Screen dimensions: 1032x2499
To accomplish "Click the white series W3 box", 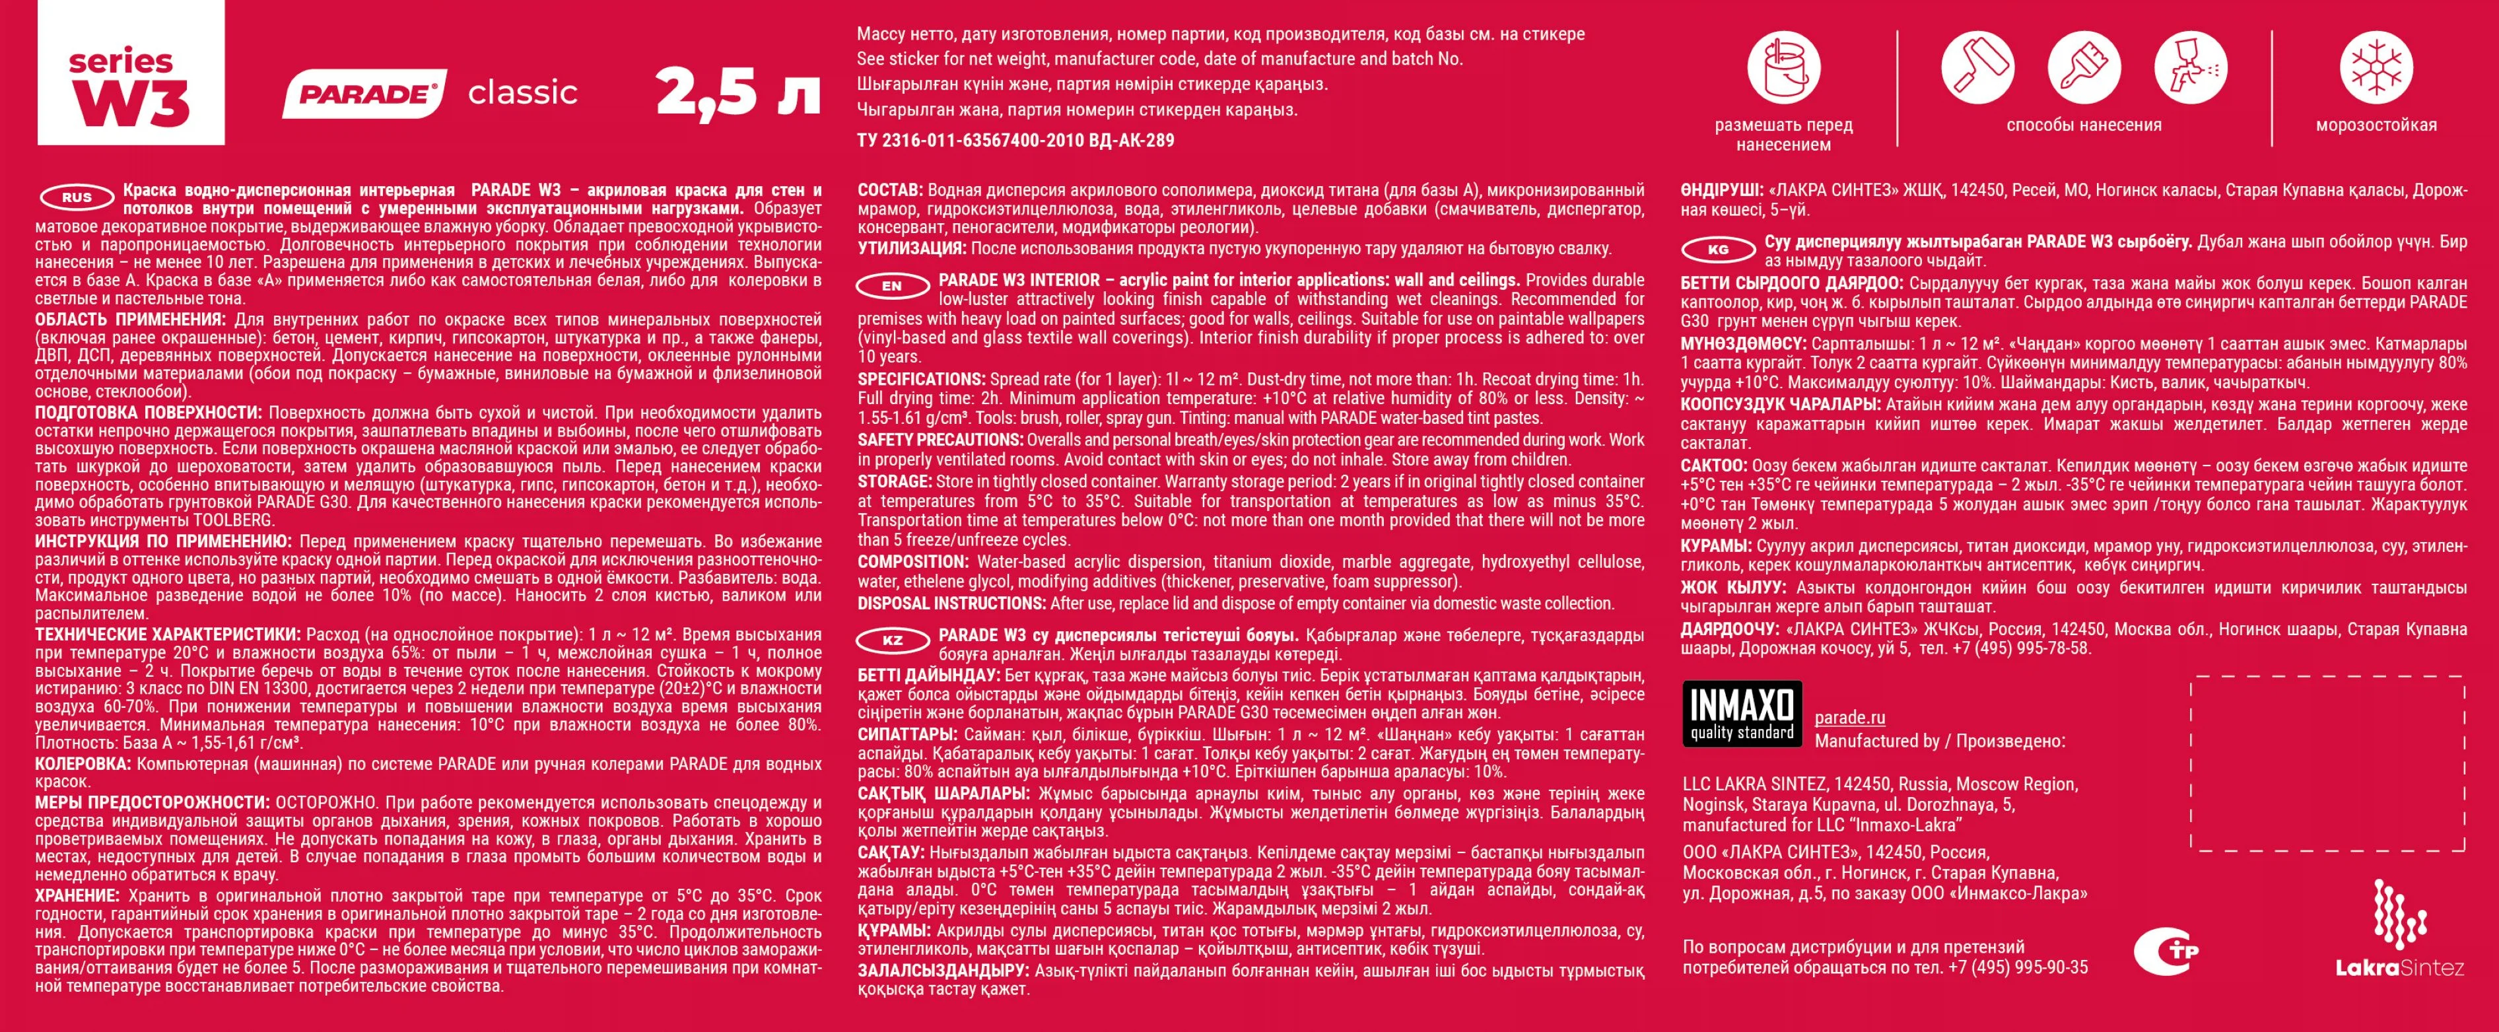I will pos(131,73).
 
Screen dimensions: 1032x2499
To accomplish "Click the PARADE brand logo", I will pos(364,94).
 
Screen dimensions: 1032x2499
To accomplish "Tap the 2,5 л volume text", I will pos(738,92).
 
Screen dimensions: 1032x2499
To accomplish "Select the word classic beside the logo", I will pos(523,93).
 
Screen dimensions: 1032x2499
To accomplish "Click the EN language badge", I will pos(891,286).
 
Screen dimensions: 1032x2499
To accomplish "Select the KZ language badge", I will pos(891,640).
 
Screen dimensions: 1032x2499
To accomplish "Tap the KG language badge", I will pos(1717,250).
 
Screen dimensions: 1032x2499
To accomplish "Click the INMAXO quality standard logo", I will pos(1741,713).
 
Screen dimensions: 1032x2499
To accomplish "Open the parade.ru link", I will pos(1849,718).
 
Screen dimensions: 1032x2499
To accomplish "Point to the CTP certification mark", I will pos(2166,951).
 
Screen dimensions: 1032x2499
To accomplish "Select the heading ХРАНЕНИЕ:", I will pos(77,896).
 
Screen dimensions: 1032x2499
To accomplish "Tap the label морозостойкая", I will pos(2376,125).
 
